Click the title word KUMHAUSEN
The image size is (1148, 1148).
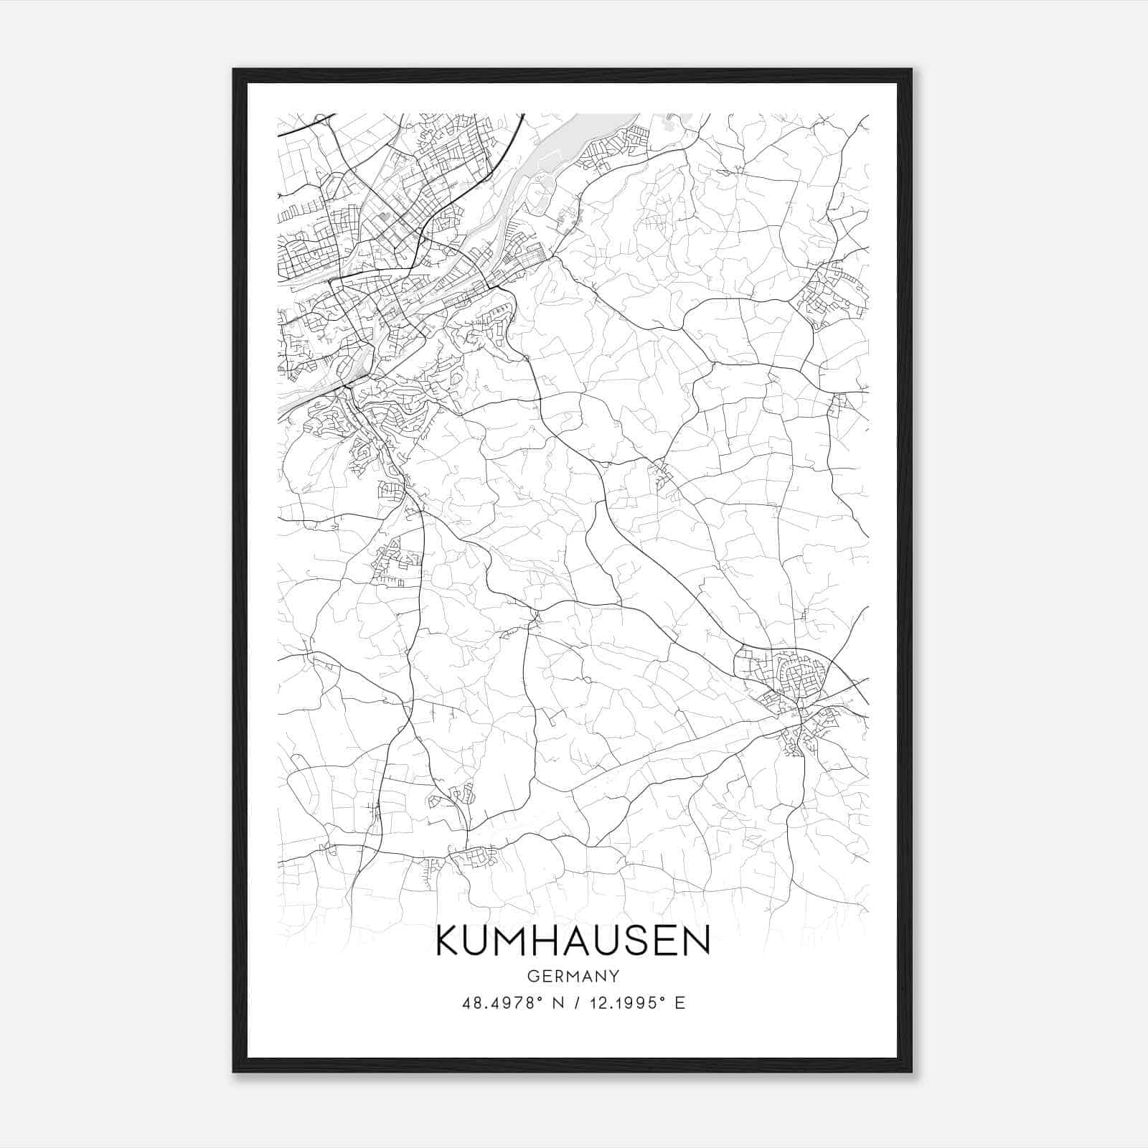[573, 941]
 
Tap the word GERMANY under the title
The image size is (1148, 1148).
[573, 976]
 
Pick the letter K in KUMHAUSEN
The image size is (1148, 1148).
[450, 941]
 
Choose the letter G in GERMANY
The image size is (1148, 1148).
[532, 976]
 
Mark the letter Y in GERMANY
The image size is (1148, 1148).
[613, 976]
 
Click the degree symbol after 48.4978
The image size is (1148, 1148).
[540, 999]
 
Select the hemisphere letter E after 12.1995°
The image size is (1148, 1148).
[680, 1003]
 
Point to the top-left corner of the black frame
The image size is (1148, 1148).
[234, 70]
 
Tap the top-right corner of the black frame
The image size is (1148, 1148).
[911, 70]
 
